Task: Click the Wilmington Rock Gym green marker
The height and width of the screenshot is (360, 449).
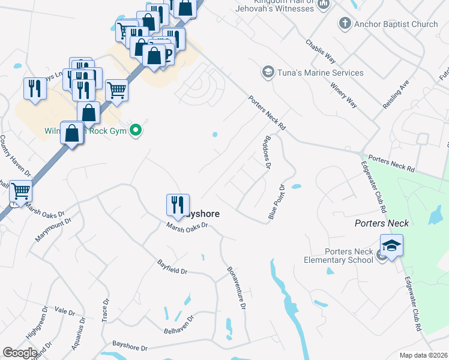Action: (136, 130)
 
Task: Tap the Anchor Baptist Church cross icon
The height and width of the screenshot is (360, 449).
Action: (345, 24)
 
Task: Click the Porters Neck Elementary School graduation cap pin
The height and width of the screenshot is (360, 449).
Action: (391, 246)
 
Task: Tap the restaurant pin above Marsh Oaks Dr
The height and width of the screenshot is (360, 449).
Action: (178, 205)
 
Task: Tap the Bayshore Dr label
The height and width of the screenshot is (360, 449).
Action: (130, 347)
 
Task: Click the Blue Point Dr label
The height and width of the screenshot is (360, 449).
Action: (278, 201)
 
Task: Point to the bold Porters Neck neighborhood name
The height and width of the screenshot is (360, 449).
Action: (381, 223)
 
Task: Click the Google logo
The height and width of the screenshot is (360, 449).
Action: (20, 353)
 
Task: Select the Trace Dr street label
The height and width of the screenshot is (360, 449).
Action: (106, 310)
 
